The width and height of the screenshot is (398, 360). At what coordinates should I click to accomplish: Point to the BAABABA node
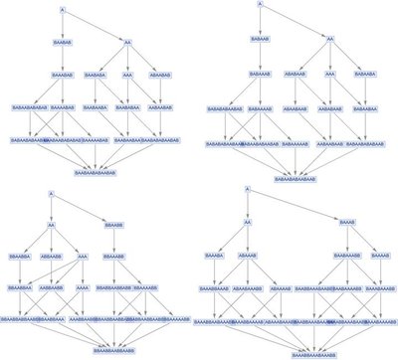tap(96, 75)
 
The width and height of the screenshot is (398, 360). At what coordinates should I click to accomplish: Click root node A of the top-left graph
tap(63, 10)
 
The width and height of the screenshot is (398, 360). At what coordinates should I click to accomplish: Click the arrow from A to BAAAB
tap(298, 204)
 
